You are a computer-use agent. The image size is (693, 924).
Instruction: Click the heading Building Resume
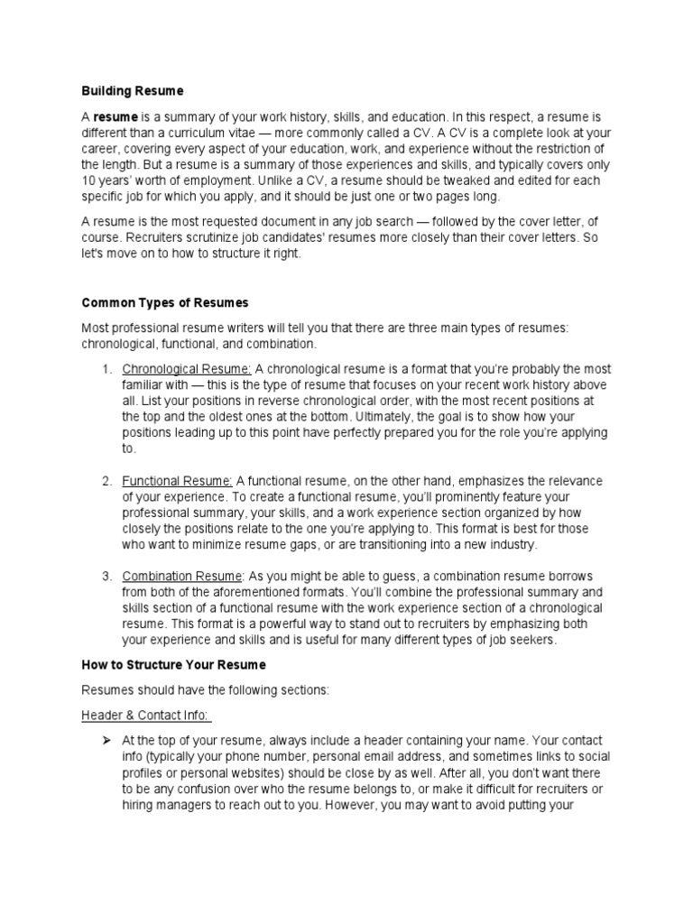132,90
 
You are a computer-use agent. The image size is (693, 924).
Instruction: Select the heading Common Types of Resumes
164,302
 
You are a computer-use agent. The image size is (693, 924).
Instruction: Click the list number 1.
106,369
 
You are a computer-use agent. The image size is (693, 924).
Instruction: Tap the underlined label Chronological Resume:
187,369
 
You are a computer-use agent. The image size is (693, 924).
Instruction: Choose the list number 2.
106,480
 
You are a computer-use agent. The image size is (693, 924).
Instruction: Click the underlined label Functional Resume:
178,480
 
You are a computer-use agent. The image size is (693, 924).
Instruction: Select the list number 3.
106,577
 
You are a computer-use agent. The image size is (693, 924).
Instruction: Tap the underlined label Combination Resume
181,577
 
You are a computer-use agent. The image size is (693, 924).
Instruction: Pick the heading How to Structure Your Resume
173,664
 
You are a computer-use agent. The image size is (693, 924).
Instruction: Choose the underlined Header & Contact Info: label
146,716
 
